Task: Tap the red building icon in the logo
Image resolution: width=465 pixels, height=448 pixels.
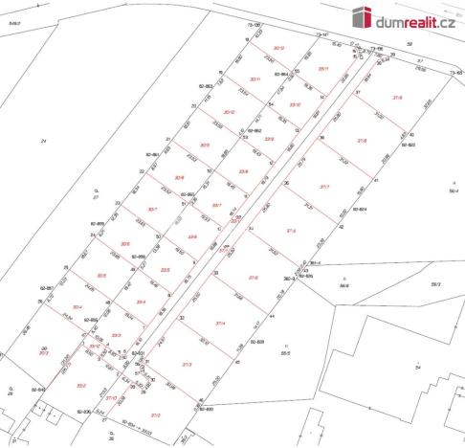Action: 360,17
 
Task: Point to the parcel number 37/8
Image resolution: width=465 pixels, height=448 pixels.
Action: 361,141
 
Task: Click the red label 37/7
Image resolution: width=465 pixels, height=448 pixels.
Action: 325,187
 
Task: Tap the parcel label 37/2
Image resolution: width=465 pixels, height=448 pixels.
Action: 155,414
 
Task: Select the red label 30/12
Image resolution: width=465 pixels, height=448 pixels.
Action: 279,48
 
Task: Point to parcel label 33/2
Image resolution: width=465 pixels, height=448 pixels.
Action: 81,386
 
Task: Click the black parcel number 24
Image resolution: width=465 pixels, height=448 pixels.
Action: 43,141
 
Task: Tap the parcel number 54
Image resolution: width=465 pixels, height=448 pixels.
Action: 417,367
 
